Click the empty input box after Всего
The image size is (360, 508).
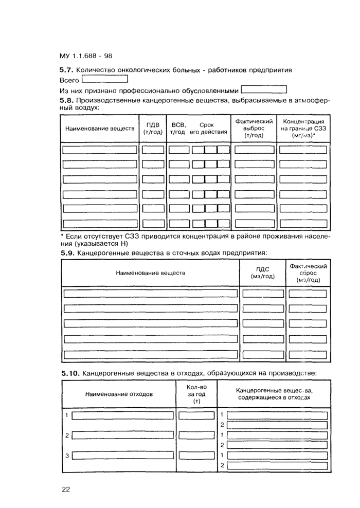coord(104,79)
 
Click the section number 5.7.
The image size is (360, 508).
coord(67,69)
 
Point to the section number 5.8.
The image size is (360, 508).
coord(67,100)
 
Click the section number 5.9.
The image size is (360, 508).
coord(67,252)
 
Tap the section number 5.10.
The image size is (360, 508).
coord(70,373)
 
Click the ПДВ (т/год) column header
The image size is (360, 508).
coord(153,128)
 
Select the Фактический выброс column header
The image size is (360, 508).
coord(254,128)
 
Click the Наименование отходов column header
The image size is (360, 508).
coord(119,394)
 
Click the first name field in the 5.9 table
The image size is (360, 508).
coord(151,294)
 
